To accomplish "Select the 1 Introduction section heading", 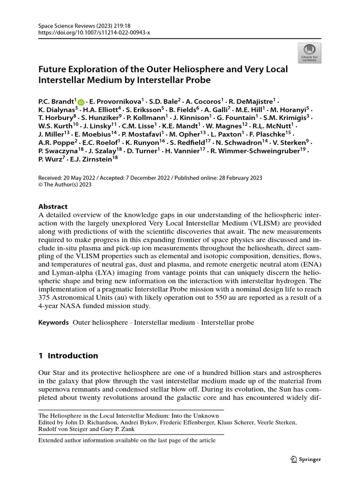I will coord(68,355).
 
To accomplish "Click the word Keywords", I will coord(53,322).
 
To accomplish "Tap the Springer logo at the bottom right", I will coord(306,459).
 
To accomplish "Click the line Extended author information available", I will coord(127,440).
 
